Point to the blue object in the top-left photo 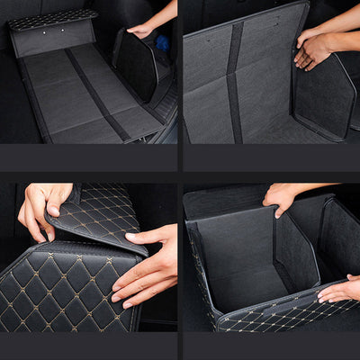click(161, 42)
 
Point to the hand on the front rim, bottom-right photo click(339, 291)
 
